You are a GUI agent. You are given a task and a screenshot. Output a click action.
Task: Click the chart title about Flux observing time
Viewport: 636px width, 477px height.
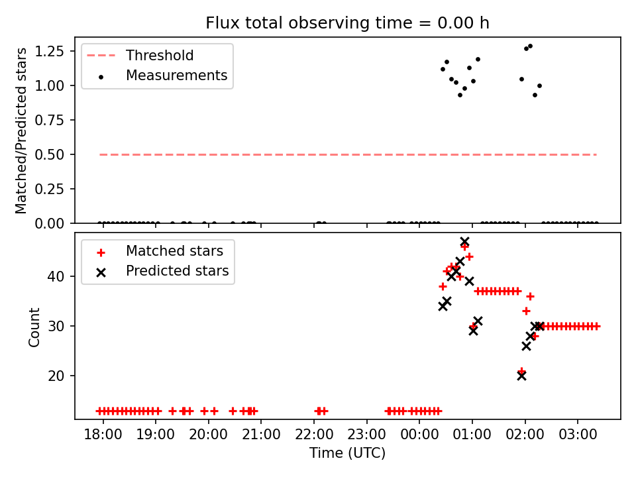[x=347, y=23]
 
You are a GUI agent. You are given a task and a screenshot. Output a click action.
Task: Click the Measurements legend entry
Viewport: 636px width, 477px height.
[x=176, y=76]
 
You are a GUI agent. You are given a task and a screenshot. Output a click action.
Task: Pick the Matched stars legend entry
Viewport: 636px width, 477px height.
[x=174, y=251]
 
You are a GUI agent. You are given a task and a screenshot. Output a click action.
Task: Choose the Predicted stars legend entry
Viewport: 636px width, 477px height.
[x=177, y=271]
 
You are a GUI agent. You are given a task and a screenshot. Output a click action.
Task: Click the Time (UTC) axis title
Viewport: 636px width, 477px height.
[x=347, y=454]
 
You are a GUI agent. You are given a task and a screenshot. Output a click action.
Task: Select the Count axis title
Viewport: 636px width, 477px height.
[x=34, y=327]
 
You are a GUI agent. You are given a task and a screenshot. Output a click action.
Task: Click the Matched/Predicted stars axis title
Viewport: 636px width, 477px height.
[x=22, y=131]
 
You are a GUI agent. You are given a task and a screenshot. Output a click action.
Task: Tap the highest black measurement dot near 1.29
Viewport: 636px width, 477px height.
[x=530, y=46]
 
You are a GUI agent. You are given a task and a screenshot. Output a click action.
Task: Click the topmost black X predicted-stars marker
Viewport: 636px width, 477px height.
[x=464, y=242]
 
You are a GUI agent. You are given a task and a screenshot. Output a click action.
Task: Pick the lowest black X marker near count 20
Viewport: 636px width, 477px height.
[x=521, y=376]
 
